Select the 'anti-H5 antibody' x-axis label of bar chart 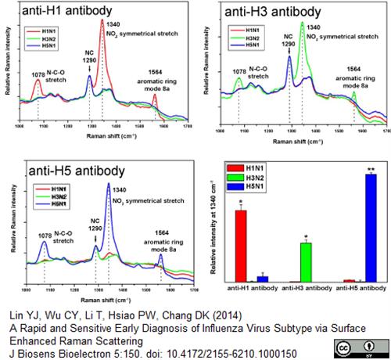[361, 290]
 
